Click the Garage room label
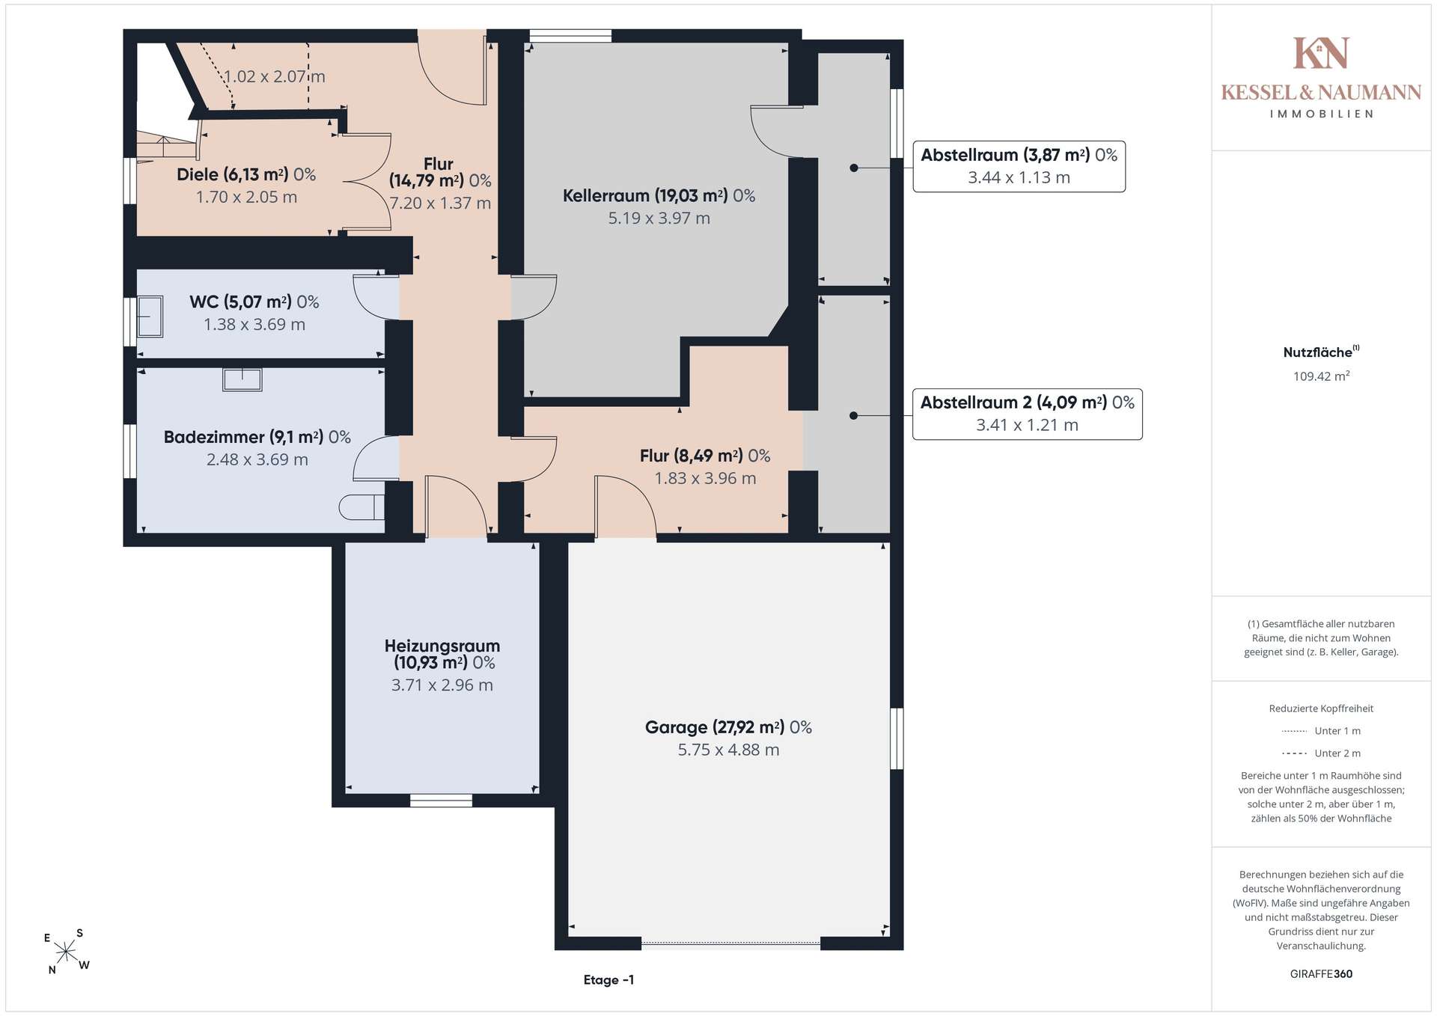click(x=728, y=727)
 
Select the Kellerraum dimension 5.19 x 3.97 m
click(x=659, y=218)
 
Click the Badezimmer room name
click(x=214, y=437)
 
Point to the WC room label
click(x=254, y=302)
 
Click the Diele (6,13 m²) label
click(x=246, y=175)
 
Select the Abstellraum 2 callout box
click(x=1027, y=414)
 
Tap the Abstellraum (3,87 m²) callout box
click(x=1019, y=166)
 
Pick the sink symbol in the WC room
click(x=150, y=317)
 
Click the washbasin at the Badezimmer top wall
click(x=242, y=379)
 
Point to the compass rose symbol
click(x=67, y=952)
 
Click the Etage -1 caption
click(x=608, y=980)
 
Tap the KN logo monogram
click(x=1321, y=53)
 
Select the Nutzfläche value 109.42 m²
click(x=1321, y=376)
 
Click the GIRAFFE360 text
click(x=1321, y=974)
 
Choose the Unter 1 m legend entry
click(x=1321, y=731)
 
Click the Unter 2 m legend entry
click(x=1321, y=753)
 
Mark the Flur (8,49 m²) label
click(x=705, y=456)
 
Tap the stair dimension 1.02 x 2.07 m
click(x=275, y=76)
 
